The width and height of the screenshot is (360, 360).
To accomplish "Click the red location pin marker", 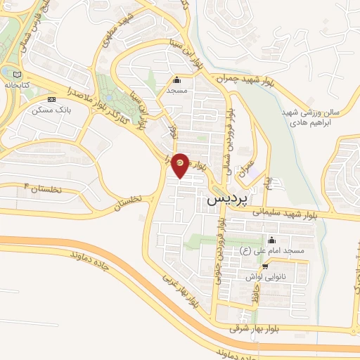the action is pyautogui.click(x=181, y=164).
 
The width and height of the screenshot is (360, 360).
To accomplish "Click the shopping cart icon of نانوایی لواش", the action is pyautogui.click(x=265, y=266).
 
